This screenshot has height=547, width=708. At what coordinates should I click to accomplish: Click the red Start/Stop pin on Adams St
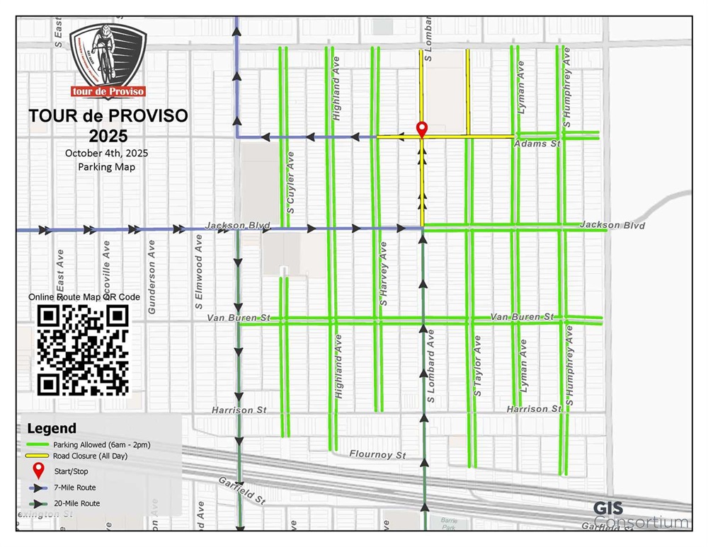pos(422,129)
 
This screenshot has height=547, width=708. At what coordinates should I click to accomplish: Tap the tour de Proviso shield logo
pos(108,61)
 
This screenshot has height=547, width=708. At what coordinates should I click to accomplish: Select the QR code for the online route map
pos(84,350)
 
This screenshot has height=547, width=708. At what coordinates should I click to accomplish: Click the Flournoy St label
pos(377,454)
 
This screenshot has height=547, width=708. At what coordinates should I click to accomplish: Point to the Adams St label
pos(537,144)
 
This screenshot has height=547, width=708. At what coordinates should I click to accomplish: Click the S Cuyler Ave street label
pos(290,183)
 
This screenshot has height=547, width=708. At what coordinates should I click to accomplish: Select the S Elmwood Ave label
pos(200,272)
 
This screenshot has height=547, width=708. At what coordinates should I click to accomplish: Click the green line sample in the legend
pos(38,444)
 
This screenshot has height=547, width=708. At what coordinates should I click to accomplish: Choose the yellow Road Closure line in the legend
pos(38,456)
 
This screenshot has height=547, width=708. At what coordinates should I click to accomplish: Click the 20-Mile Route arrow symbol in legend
pos(38,503)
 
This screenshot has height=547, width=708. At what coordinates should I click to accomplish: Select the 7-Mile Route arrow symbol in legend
pos(38,488)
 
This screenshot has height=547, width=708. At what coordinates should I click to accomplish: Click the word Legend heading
pos(51,428)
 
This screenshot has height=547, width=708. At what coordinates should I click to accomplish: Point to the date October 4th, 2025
pos(106,153)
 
